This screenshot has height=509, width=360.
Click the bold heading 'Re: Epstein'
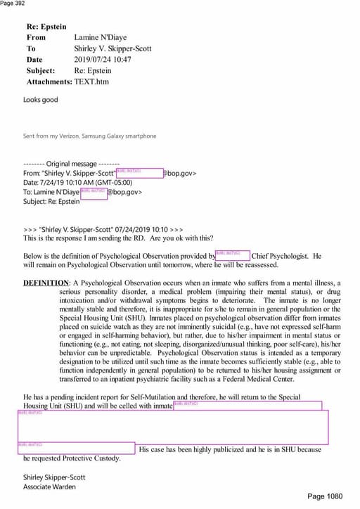[x=46, y=26]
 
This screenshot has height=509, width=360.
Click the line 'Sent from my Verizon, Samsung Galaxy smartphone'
[x=89, y=136]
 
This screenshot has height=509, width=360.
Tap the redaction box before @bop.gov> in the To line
[x=94, y=192]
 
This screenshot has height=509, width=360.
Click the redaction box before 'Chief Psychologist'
[x=232, y=256]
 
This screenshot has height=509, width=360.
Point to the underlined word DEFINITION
[x=46, y=283]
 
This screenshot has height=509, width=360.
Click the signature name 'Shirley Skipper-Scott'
[x=54, y=477]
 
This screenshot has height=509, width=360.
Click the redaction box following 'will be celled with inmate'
[x=247, y=406]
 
